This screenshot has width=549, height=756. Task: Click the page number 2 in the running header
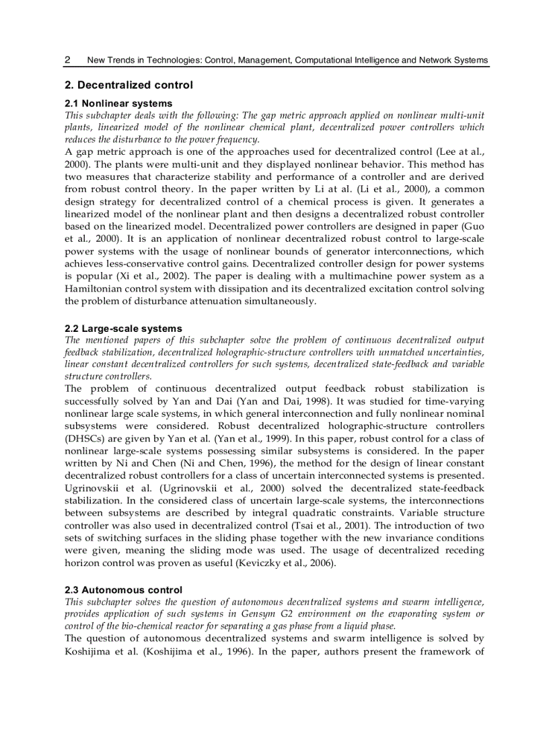pos(68,60)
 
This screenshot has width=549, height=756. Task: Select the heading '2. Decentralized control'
pos(129,85)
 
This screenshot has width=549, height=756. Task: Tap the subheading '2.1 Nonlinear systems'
pos(118,103)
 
